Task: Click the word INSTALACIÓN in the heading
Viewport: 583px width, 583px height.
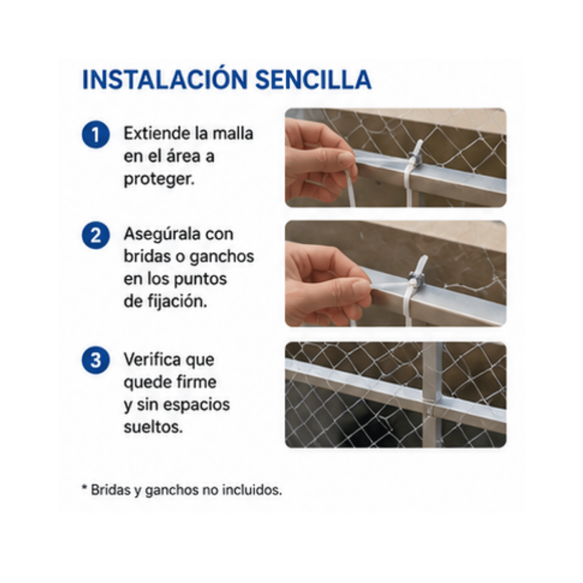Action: (x=165, y=79)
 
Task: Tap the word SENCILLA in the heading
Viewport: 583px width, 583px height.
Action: (x=313, y=80)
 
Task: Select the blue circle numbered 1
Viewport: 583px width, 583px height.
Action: (x=96, y=134)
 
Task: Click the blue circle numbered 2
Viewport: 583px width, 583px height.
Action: (x=96, y=235)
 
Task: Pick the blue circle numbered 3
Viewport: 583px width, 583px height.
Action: (x=96, y=360)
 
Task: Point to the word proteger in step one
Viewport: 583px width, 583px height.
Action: (x=159, y=180)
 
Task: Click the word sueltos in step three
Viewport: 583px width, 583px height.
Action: (x=153, y=427)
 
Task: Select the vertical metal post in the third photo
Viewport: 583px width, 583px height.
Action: (x=433, y=394)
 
